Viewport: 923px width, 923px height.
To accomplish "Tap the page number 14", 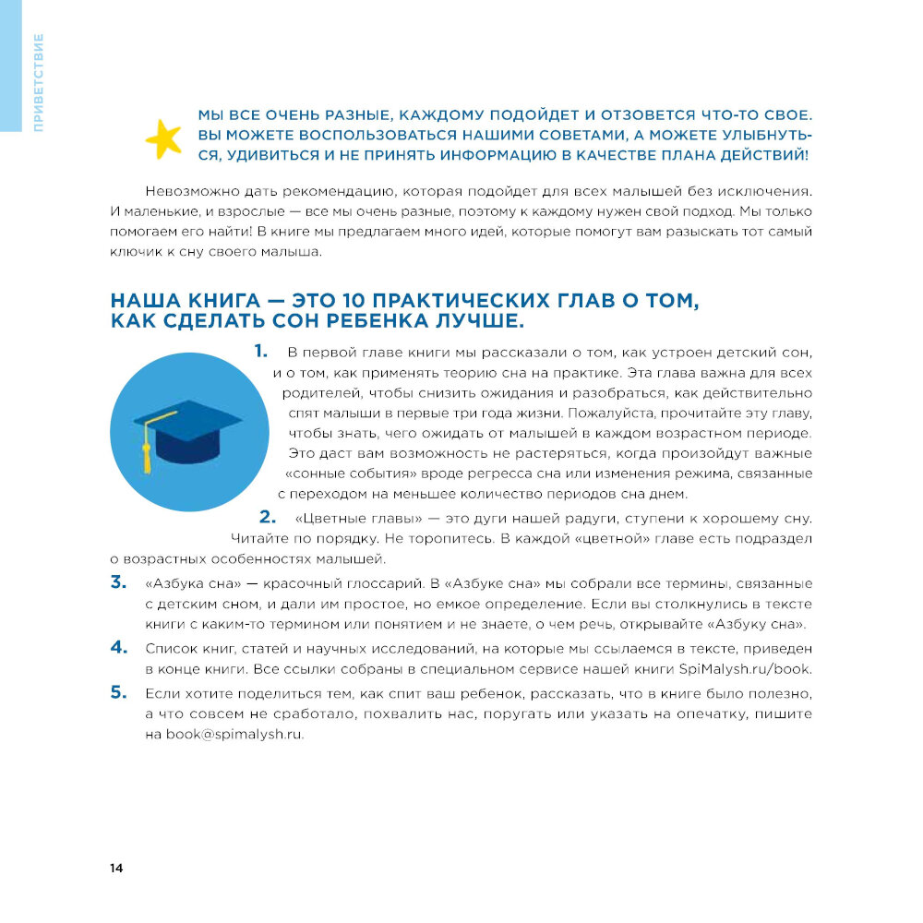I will pyautogui.click(x=116, y=869).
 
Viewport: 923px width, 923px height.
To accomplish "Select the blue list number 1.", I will pyautogui.click(x=260, y=351).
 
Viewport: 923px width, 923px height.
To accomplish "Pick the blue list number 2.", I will pyautogui.click(x=269, y=517).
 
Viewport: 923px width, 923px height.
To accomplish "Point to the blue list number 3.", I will pyautogui.click(x=118, y=581).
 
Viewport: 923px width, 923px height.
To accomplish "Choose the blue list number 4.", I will pyautogui.click(x=118, y=647).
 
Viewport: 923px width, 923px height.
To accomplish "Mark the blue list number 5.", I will pyautogui.click(x=118, y=692).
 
